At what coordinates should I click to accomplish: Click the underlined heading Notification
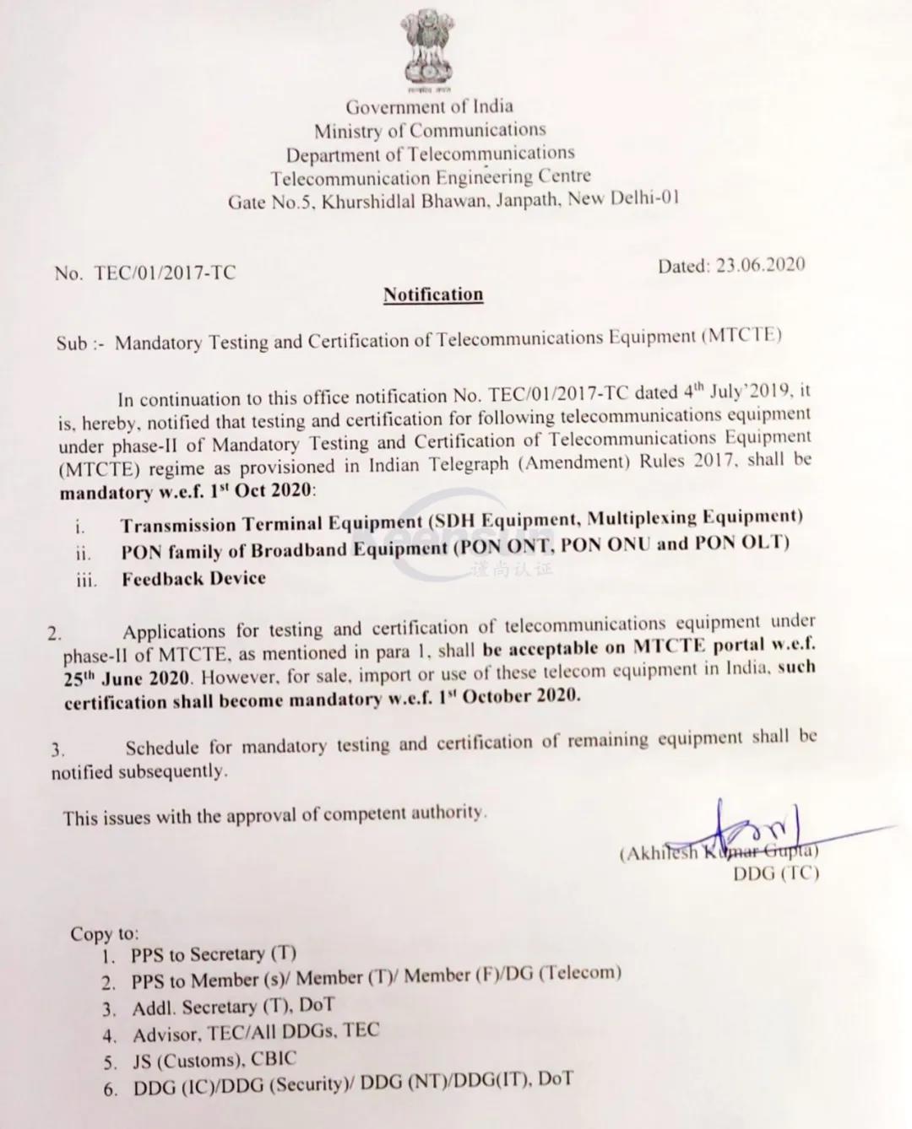(433, 294)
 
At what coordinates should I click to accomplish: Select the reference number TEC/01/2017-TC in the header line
(166, 273)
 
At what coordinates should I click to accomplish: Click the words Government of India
(429, 106)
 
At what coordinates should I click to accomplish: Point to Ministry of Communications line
(430, 130)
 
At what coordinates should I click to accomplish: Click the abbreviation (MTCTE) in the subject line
(741, 336)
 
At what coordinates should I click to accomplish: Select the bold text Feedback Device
(193, 579)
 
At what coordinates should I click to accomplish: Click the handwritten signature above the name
(760, 824)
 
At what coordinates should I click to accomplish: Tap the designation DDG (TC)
(776, 873)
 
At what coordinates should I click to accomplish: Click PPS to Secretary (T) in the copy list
(214, 954)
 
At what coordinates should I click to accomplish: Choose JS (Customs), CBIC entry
(214, 1060)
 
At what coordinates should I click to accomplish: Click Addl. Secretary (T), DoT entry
(233, 1007)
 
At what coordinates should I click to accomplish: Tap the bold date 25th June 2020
(125, 678)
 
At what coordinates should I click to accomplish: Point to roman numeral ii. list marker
(83, 554)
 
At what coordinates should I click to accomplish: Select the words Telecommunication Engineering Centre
(431, 177)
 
